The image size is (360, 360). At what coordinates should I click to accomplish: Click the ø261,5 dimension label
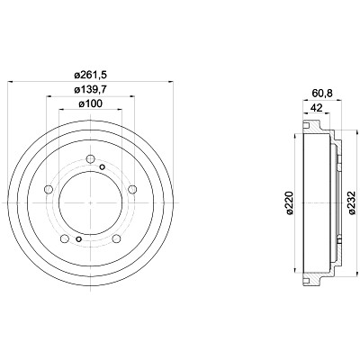click(90, 75)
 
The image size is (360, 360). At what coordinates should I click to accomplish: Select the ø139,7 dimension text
click(90, 89)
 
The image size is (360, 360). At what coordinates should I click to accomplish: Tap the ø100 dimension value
click(90, 103)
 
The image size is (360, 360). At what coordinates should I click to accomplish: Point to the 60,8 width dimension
click(322, 94)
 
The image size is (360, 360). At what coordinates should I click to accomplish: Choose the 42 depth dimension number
click(316, 108)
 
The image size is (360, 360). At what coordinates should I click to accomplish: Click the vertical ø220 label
click(290, 202)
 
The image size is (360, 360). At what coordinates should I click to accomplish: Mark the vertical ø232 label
click(351, 202)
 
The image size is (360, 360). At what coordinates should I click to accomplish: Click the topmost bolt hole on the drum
click(90, 159)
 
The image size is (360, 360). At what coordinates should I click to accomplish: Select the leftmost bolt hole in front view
click(49, 189)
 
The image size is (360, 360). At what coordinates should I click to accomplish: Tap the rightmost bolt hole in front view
click(132, 189)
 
